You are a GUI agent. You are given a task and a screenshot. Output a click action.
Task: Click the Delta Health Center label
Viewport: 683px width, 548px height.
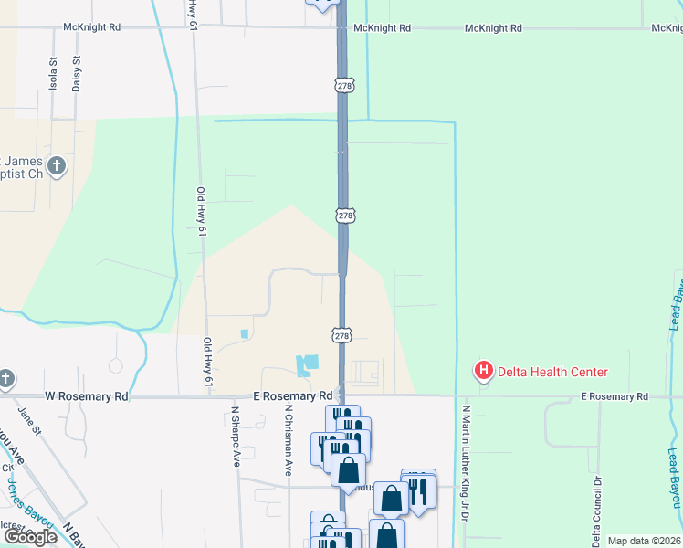pos(552,372)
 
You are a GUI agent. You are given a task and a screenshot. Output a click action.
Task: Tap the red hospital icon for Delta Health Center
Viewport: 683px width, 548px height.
pos(483,371)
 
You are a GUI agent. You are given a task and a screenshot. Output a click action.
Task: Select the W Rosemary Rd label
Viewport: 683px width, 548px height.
pos(87,397)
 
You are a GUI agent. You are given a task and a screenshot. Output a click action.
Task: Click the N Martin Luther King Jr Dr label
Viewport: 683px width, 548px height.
pos(466,463)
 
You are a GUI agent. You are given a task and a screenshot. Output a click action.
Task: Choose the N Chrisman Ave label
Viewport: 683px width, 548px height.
pos(288,441)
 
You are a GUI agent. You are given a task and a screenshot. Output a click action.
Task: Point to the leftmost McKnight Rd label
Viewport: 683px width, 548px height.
pos(91,27)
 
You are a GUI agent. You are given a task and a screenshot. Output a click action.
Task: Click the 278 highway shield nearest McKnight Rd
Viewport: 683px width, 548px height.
pos(344,85)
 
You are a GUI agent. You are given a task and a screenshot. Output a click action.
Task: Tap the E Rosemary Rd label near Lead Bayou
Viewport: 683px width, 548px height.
pos(614,396)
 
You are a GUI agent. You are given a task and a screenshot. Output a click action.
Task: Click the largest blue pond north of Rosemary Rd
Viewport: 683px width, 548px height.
pos(306,365)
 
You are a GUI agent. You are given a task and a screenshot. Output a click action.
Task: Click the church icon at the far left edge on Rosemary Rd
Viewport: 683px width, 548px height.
pos(5,379)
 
